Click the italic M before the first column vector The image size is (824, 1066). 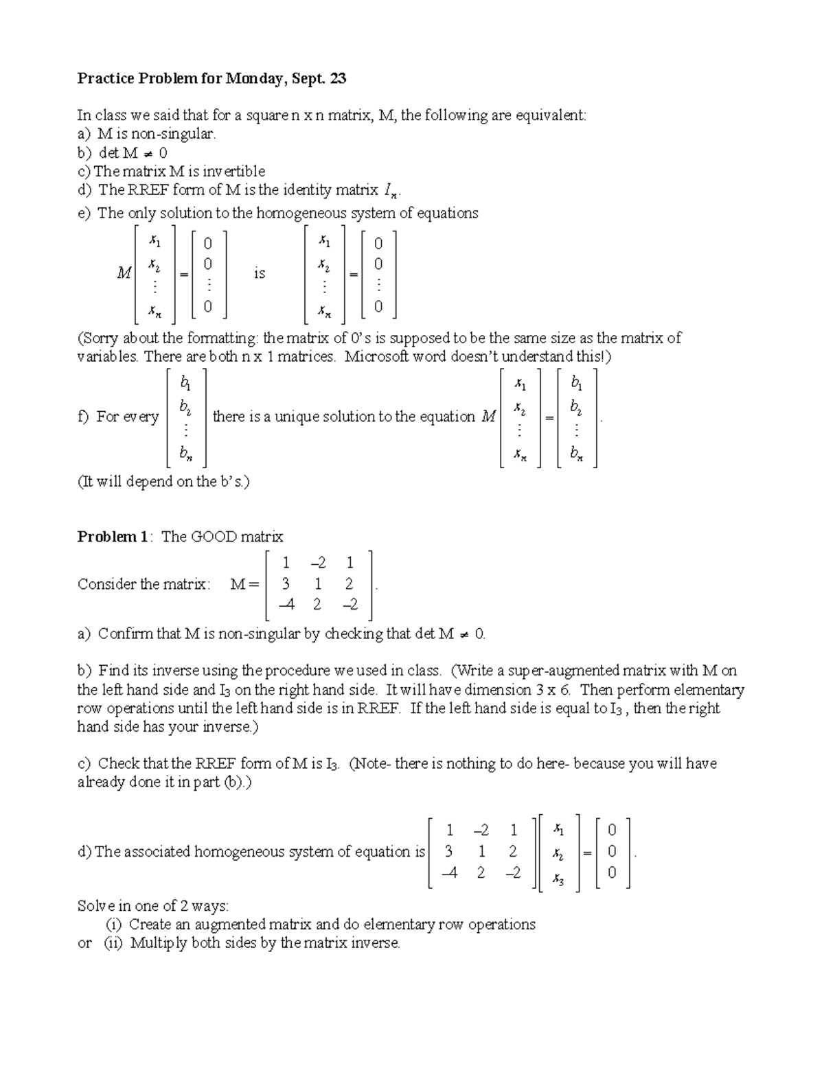[x=124, y=274]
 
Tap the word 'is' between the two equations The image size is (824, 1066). [x=259, y=274]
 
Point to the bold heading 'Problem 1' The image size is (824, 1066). [x=112, y=537]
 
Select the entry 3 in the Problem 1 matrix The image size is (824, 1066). [x=285, y=584]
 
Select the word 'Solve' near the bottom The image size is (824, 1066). [x=95, y=906]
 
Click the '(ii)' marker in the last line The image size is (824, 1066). [x=113, y=943]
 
